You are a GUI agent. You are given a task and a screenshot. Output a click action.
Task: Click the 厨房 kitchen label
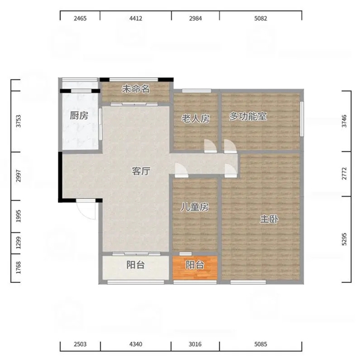[79, 116]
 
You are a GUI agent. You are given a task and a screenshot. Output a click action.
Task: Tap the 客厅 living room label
[141, 171]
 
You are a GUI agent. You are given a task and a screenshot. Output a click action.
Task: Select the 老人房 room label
[195, 119]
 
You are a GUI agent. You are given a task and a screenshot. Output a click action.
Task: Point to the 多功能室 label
[248, 116]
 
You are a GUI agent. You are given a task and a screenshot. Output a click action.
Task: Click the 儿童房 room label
[194, 207]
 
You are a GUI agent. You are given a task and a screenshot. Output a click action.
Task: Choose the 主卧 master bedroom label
[269, 219]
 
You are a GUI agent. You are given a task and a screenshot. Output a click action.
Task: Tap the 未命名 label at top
[136, 89]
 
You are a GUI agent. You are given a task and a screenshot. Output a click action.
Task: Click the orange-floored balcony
[195, 267]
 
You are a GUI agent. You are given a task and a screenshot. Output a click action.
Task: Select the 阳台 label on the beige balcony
[136, 265]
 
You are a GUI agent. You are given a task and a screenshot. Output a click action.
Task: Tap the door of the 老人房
[210, 146]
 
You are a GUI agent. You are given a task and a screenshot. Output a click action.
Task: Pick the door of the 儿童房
[182, 170]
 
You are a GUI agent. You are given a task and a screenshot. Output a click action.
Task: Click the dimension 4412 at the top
[136, 18]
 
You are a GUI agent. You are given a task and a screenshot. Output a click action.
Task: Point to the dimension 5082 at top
[261, 18]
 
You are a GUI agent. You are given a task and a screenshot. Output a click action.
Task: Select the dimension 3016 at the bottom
[195, 345]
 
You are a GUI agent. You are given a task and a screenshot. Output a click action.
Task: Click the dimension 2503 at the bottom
[80, 345]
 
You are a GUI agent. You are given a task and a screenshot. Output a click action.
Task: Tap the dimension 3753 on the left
[18, 121]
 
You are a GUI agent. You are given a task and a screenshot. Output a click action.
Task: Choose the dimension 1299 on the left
[18, 243]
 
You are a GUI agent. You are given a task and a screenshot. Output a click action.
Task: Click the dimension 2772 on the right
[345, 174]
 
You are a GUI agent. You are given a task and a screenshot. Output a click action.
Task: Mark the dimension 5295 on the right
[345, 239]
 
